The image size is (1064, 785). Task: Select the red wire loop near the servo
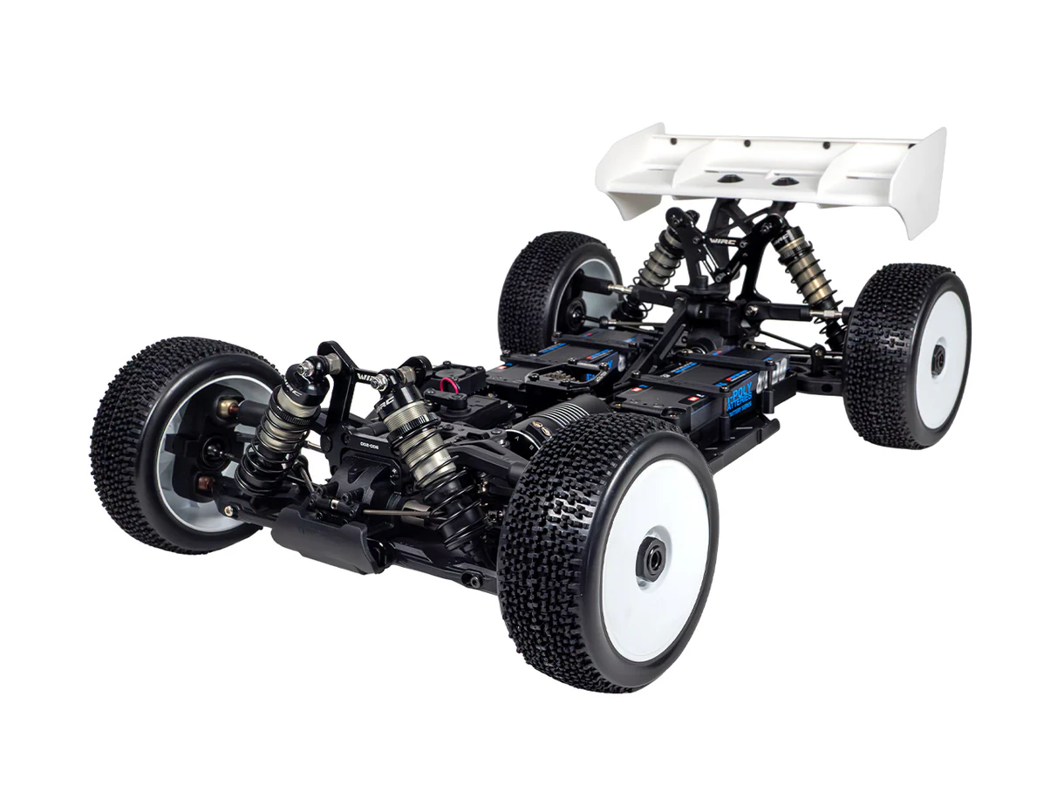coord(451,386)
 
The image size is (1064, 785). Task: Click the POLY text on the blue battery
coord(741,396)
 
